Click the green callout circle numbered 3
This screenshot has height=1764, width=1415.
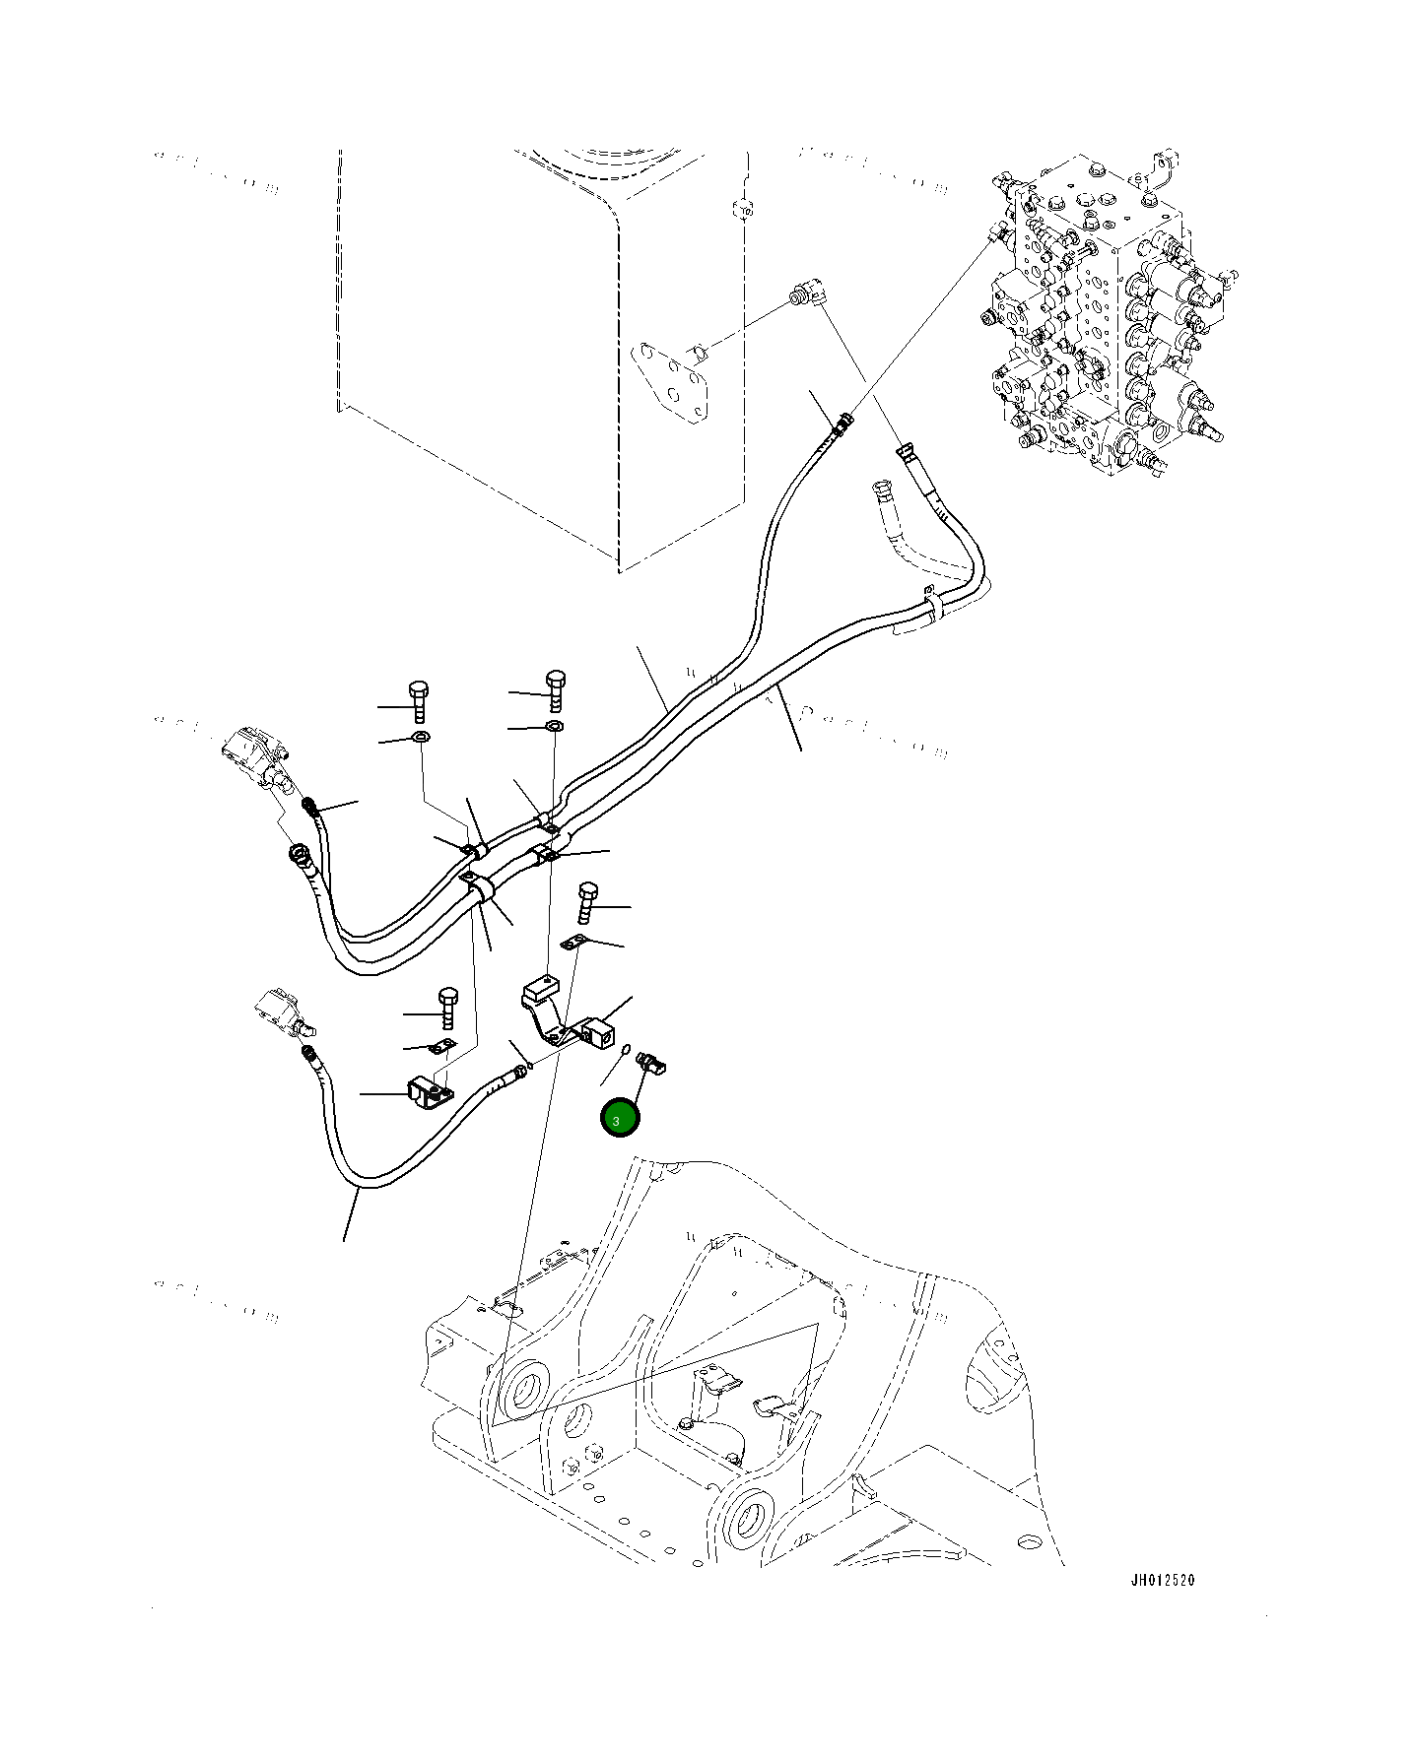(x=620, y=1119)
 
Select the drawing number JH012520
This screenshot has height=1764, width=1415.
(x=1162, y=1607)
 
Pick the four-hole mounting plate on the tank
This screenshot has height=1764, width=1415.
(x=673, y=384)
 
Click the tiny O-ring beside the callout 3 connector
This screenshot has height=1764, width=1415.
(x=627, y=1053)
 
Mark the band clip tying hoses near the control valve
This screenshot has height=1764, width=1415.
(x=931, y=604)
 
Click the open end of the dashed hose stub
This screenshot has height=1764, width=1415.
(x=880, y=487)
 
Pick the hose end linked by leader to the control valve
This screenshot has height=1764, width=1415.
(x=843, y=423)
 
